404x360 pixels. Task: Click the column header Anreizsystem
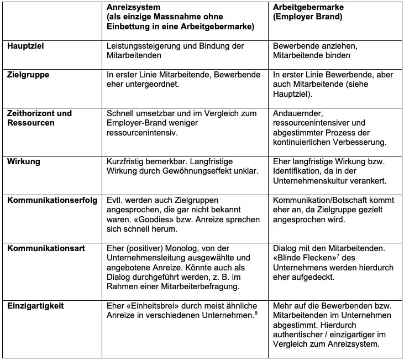click(x=133, y=8)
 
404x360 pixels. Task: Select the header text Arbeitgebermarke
click(x=309, y=8)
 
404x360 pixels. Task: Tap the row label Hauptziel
click(x=25, y=46)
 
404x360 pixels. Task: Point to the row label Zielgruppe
click(x=28, y=75)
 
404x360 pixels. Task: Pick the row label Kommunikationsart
click(x=46, y=248)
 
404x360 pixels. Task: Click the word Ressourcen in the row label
click(x=31, y=123)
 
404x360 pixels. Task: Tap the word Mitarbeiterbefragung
click(x=189, y=286)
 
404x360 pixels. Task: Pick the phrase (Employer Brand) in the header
click(x=307, y=18)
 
